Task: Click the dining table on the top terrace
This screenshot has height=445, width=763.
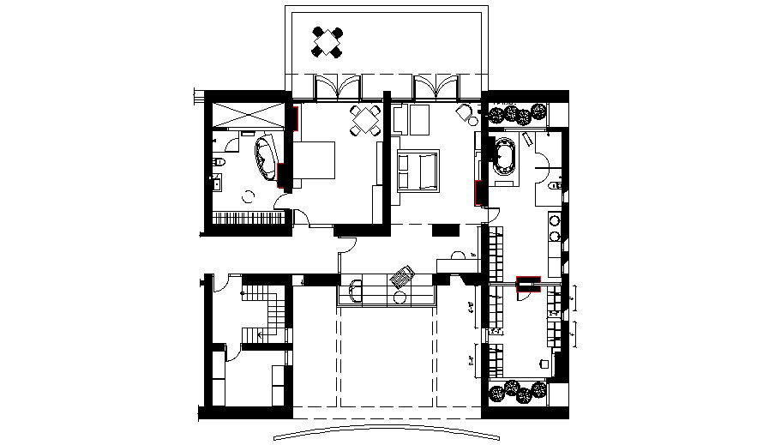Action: coord(327,42)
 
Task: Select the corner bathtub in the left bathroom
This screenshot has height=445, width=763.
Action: coord(265,156)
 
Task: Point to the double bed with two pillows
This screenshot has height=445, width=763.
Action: coord(418,169)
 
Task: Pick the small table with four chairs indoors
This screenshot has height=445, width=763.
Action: coord(367,122)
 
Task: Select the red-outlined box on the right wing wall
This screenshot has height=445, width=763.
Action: coord(528,285)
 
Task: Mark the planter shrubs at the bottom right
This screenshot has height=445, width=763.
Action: coord(519,391)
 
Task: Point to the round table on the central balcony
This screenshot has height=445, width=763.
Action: coord(400,297)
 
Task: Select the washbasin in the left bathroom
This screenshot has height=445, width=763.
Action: coord(216,181)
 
